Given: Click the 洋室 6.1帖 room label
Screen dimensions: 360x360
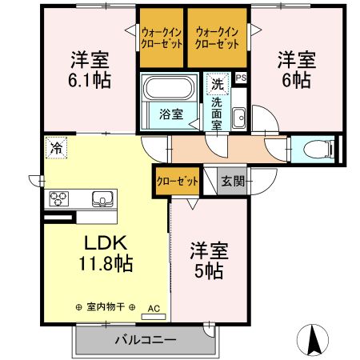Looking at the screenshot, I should (x=89, y=70).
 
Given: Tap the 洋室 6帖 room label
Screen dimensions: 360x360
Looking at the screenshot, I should (x=297, y=70).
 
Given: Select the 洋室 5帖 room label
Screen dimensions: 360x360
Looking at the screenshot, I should (x=209, y=260).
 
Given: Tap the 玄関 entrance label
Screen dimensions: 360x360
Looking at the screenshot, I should (x=234, y=182).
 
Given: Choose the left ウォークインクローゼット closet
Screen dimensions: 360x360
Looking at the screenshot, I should (x=162, y=38).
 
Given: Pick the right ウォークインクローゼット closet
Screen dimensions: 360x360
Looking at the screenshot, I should (x=218, y=38).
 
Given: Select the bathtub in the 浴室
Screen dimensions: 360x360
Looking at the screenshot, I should (x=168, y=87).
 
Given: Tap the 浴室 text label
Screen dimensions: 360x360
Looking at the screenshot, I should (x=170, y=114).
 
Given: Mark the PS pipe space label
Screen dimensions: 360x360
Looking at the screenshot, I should (x=241, y=78).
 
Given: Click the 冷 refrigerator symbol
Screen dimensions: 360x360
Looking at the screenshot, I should (x=56, y=147).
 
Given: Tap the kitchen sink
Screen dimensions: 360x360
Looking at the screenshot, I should (x=102, y=198).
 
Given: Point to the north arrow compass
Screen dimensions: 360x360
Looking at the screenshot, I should (x=314, y=341).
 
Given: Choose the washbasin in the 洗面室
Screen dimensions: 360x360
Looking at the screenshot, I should (x=238, y=118).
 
